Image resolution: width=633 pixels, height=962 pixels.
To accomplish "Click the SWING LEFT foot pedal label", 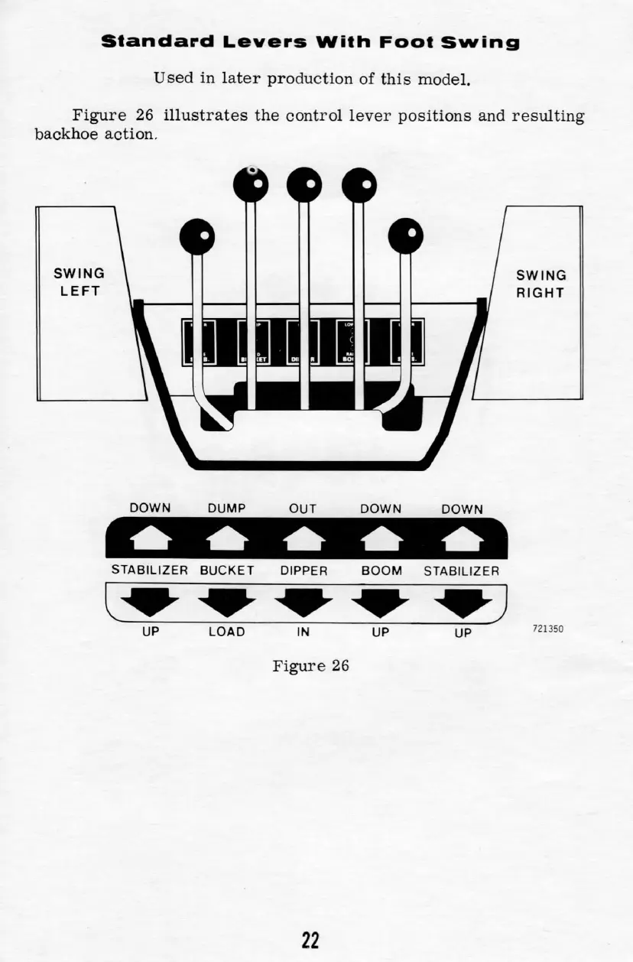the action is [79, 282].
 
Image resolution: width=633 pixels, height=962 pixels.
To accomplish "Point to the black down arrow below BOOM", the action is [381, 603].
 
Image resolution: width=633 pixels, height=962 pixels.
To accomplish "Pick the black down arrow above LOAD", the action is [226, 603].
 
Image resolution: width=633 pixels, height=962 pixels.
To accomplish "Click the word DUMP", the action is [226, 509].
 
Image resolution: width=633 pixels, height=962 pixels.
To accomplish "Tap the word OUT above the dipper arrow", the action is [303, 509].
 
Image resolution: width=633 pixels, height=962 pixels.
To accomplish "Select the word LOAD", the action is [227, 632].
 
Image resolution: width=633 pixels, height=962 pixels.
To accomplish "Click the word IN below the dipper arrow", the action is [303, 632].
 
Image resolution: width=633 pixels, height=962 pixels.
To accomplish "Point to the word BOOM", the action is [381, 570].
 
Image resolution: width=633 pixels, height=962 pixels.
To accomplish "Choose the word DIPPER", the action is [304, 570].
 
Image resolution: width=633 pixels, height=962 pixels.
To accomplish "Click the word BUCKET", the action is [227, 570].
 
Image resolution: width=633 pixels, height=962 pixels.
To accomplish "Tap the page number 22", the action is [310, 939].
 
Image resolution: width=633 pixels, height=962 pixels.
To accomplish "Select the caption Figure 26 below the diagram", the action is [310, 665].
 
